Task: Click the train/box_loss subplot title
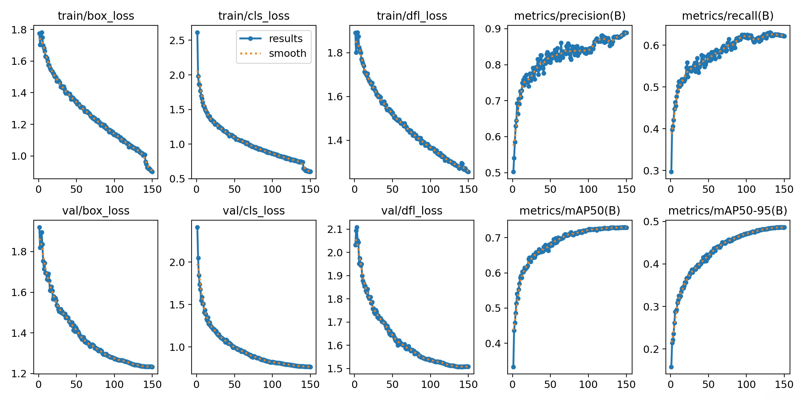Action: [96, 16]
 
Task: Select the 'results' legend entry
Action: [285, 39]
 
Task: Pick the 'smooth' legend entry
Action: [287, 53]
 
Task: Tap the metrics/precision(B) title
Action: [570, 16]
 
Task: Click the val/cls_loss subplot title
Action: [254, 211]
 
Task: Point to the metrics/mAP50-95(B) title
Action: [728, 211]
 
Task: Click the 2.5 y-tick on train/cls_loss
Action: [177, 40]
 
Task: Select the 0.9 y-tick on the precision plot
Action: [493, 29]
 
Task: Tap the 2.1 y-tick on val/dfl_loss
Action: [335, 229]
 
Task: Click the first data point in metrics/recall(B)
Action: [671, 172]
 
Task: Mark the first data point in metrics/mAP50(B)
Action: [513, 367]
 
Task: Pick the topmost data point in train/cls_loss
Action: [197, 32]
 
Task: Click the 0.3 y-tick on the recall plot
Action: [651, 171]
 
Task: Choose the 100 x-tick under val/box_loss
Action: [114, 384]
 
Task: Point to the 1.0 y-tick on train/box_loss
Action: [19, 156]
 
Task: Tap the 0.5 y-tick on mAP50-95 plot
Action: [651, 222]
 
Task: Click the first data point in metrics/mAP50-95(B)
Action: [671, 367]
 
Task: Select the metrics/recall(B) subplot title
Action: [728, 16]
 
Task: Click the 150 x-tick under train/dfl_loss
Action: [468, 189]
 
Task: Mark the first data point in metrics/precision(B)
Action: [513, 172]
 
